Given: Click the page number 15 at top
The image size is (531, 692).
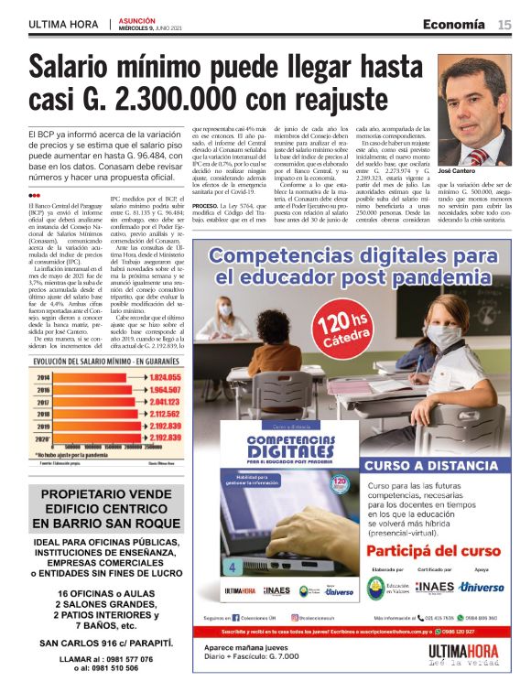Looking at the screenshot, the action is pyautogui.click(x=504, y=25).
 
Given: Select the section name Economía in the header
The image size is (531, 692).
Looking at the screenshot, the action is pyautogui.click(x=454, y=25).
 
